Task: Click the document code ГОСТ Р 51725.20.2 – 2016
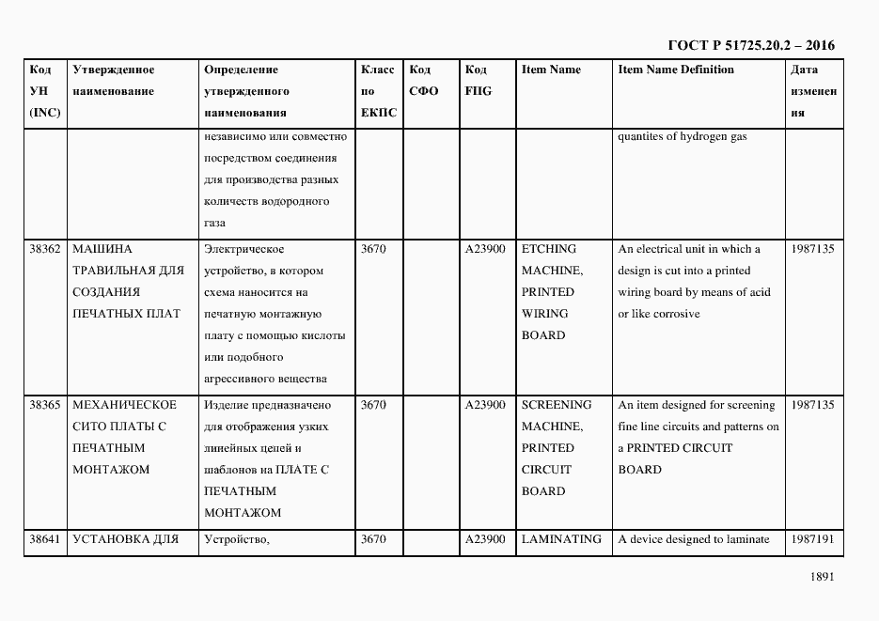[x=750, y=45]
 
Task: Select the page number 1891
[x=821, y=578]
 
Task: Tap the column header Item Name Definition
[x=676, y=70]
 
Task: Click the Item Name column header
[x=551, y=70]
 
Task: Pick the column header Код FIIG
[x=478, y=80]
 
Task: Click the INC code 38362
[x=45, y=249]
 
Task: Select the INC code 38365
[x=45, y=405]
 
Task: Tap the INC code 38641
[x=45, y=539]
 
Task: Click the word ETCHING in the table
[x=549, y=249]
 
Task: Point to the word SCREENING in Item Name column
[x=557, y=405]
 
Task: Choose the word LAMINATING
[x=561, y=539]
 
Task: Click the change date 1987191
[x=812, y=539]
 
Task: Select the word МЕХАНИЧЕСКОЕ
[x=124, y=405]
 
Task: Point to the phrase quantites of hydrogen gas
[x=683, y=136]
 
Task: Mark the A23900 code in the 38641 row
[x=485, y=539]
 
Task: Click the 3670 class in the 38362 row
[x=373, y=249]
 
